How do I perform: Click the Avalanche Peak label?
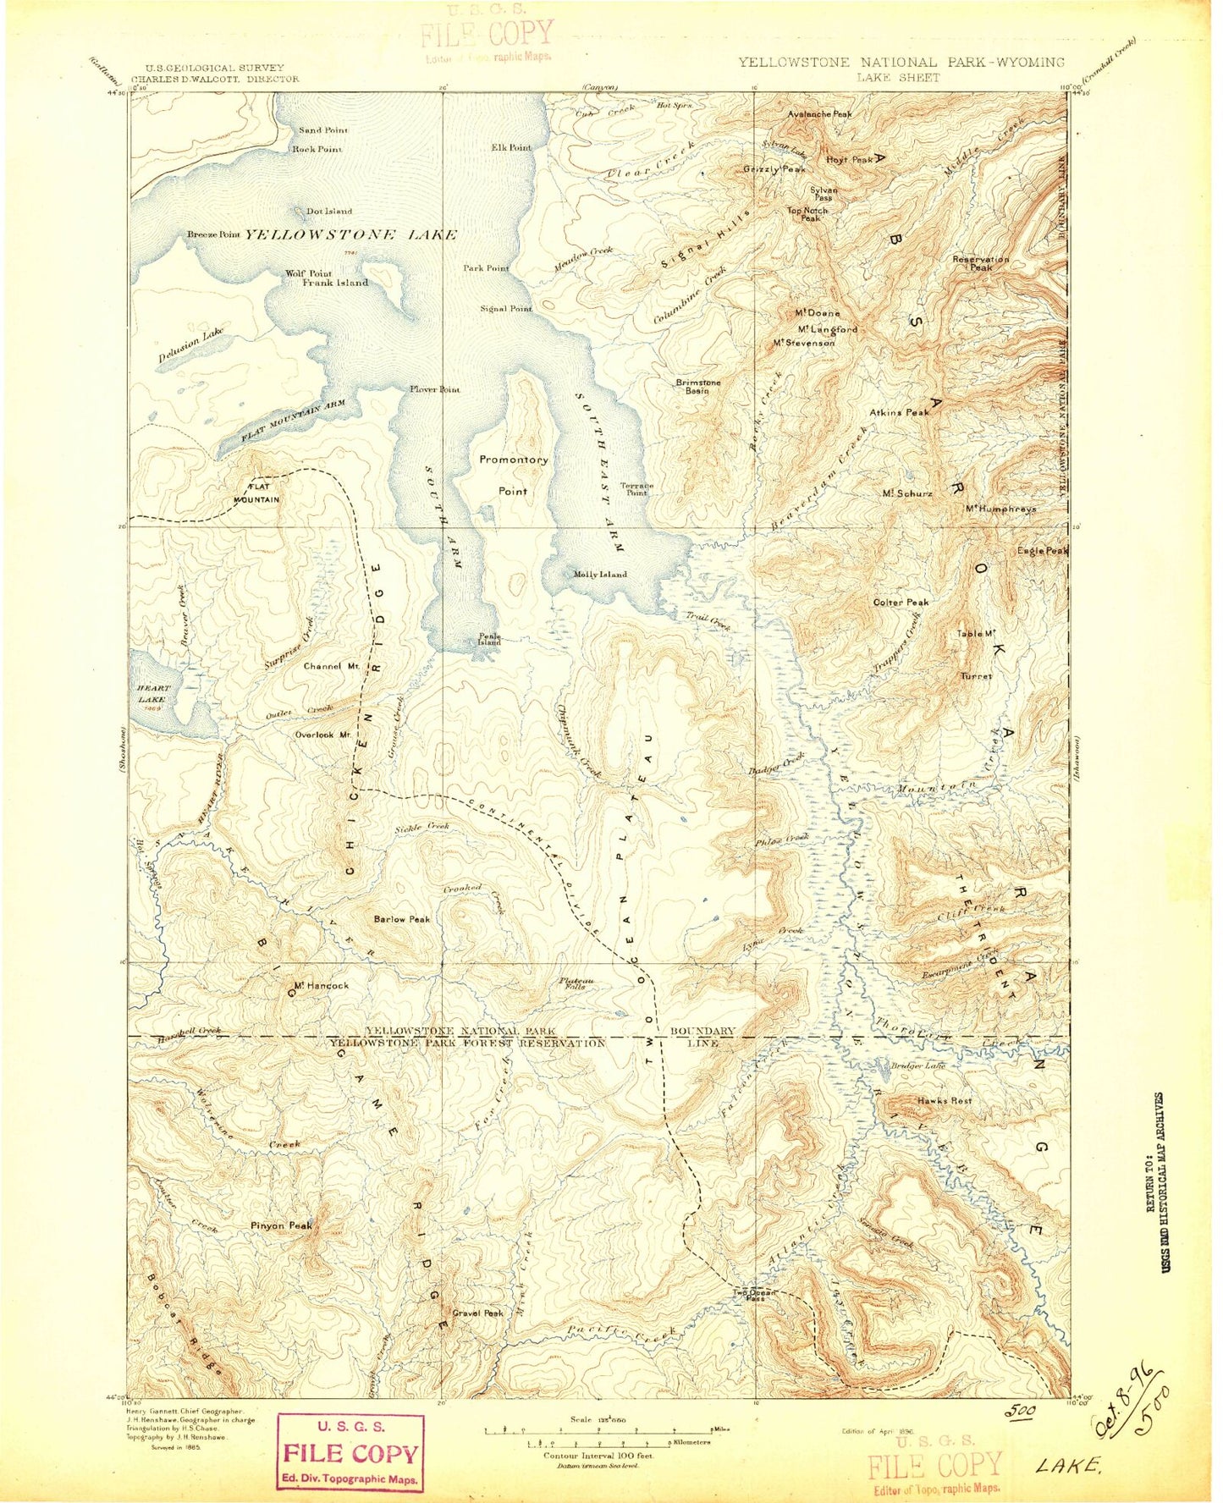point(819,113)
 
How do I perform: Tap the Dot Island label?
point(329,211)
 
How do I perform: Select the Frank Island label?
point(335,283)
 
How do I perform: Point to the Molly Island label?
point(600,575)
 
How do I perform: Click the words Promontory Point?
point(513,475)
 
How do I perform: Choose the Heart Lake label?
point(153,695)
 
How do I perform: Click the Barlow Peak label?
point(402,919)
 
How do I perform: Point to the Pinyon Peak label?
point(281,1225)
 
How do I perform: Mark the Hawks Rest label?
point(945,1101)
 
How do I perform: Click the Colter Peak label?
point(901,603)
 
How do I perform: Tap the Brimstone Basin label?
point(698,387)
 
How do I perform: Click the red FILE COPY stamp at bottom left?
point(350,1454)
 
